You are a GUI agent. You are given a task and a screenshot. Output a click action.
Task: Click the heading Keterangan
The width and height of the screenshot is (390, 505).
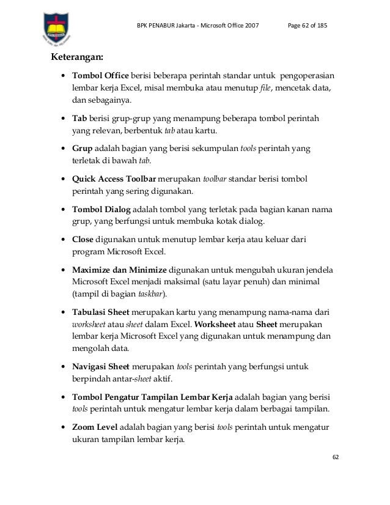pos(77,59)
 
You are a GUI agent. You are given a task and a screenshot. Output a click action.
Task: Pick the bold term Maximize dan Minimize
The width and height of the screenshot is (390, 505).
pos(119,269)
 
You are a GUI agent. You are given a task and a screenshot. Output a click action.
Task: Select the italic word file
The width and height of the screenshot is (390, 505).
pos(265,89)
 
